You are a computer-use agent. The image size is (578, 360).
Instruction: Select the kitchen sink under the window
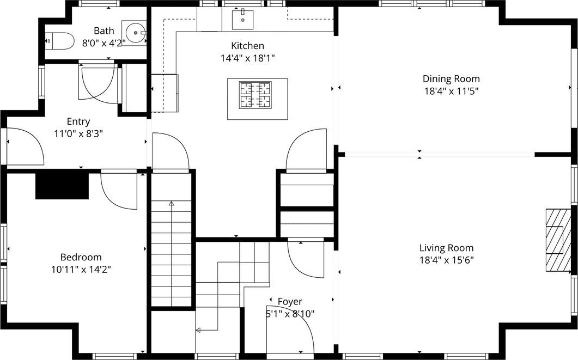(242, 20)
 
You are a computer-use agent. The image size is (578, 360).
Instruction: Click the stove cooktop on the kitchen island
(255, 95)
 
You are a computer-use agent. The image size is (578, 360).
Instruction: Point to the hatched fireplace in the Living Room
(558, 240)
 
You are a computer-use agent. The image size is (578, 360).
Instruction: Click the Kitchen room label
(247, 46)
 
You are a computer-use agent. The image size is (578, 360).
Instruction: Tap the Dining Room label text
(451, 79)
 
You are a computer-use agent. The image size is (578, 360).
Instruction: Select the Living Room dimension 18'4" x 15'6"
(446, 260)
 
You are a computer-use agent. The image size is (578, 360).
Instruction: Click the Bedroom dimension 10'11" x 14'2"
(81, 270)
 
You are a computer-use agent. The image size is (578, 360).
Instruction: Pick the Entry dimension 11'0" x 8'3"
(78, 134)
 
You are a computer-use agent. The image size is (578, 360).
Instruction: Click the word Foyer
(290, 301)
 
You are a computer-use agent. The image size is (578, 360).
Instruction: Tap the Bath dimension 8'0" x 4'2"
(104, 43)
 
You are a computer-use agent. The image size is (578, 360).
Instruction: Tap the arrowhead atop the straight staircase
(171, 203)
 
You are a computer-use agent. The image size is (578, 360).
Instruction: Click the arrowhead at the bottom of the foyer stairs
(198, 330)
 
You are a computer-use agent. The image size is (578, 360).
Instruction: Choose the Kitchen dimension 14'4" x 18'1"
(248, 58)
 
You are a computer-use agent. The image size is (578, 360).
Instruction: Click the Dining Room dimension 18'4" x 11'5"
(451, 91)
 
